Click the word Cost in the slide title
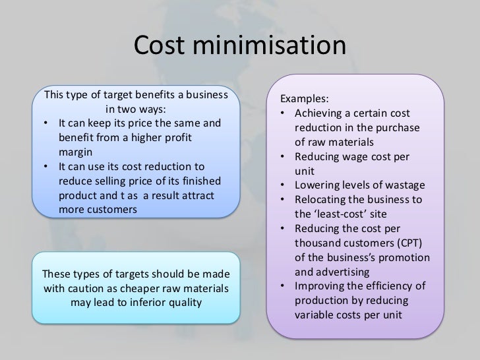pos(161,47)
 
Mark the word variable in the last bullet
pos(316,314)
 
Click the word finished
pos(201,181)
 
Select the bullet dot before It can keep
pos(46,123)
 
